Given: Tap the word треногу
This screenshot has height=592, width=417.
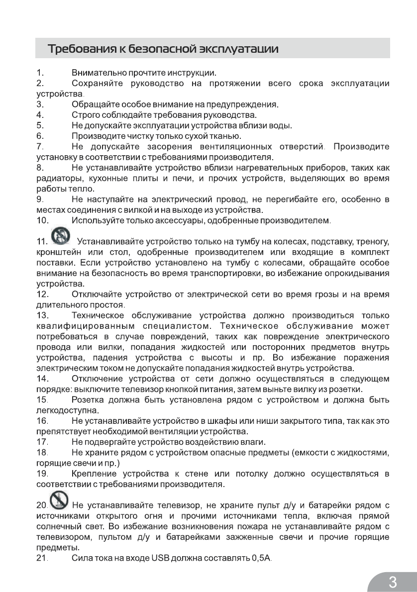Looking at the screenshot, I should pos(371,242).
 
